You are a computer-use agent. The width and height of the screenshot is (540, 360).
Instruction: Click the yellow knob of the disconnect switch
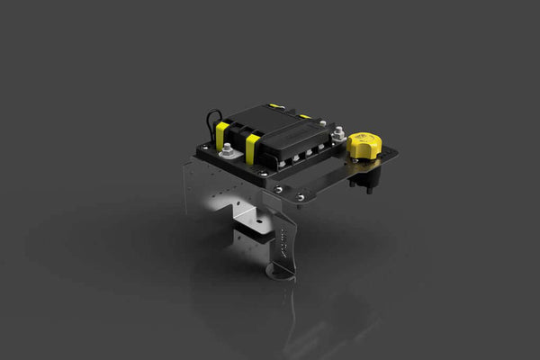pyautogui.click(x=364, y=143)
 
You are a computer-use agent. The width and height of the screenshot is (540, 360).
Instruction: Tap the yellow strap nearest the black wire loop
pyautogui.click(x=221, y=135)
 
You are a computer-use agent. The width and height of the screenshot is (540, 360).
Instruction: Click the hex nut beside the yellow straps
pyautogui.click(x=226, y=150)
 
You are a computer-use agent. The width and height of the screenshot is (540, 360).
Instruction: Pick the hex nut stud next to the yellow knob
pyautogui.click(x=338, y=134)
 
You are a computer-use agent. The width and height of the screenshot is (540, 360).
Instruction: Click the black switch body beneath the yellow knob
pyautogui.click(x=366, y=176)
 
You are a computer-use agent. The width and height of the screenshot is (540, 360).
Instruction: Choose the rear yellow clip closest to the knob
pyautogui.click(x=305, y=116)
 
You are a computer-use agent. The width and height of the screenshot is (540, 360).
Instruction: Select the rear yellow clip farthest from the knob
pyautogui.click(x=275, y=106)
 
